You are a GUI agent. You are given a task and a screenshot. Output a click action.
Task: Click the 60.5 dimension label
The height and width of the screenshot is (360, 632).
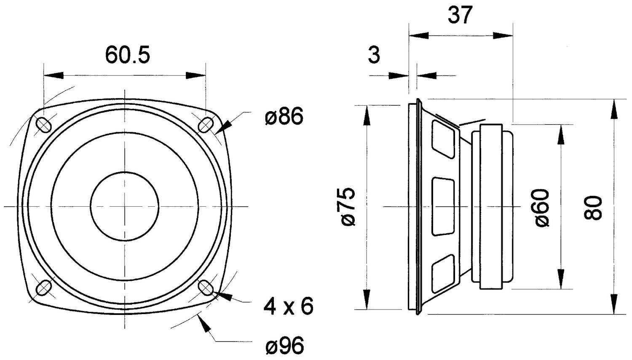pos(127,55)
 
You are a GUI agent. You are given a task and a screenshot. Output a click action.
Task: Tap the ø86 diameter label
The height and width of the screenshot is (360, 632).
pos(284,117)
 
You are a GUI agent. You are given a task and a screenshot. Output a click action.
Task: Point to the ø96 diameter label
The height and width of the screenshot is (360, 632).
pos(284,346)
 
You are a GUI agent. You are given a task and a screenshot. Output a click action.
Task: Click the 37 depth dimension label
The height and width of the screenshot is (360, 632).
pos(460,16)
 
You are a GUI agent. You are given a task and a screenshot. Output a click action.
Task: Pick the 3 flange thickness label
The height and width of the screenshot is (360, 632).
pos(374,55)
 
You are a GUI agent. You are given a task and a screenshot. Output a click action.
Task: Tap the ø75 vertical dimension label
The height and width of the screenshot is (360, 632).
pos(348,207)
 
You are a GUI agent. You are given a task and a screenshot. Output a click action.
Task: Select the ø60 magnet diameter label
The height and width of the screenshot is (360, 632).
pos(542,208)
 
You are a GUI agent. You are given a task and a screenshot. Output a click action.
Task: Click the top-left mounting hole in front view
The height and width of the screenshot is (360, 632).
pos(44,125)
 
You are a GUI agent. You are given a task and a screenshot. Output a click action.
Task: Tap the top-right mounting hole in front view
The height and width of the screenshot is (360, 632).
pos(205,125)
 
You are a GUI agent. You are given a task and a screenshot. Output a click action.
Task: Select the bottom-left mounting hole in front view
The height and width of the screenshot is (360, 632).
pos(44,288)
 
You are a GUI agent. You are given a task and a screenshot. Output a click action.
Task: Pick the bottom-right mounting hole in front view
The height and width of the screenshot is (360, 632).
pos(205,288)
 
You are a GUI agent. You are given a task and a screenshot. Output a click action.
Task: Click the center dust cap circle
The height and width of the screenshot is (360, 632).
pos(124,206)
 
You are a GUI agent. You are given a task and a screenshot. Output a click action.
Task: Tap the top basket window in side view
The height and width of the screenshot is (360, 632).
pos(443,139)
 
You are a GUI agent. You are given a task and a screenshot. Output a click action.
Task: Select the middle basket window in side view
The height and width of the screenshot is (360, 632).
pos(443,206)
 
